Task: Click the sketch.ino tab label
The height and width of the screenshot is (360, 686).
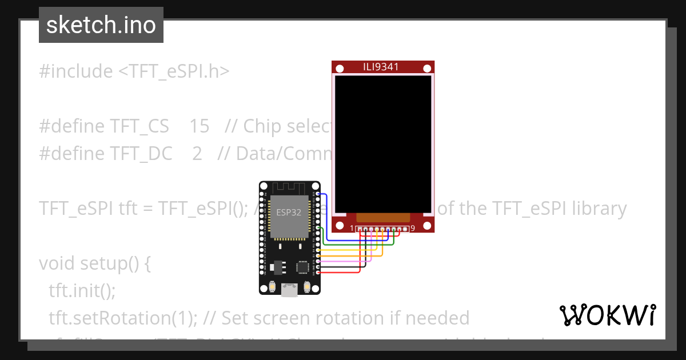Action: click(x=101, y=25)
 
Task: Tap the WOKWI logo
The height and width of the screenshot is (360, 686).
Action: click(x=607, y=315)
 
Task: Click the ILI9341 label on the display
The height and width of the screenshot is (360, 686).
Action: click(x=381, y=67)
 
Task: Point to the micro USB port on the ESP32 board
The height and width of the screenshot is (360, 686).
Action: click(x=289, y=291)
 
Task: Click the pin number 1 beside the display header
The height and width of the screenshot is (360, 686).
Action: click(x=353, y=229)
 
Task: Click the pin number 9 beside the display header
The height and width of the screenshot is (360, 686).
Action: click(x=413, y=229)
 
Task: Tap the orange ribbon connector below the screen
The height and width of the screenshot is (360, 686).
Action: click(x=383, y=217)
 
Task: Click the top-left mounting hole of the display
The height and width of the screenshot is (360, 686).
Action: click(x=340, y=69)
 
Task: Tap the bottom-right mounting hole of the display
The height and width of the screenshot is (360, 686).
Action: click(x=426, y=225)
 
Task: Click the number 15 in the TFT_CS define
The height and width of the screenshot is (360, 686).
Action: click(x=199, y=126)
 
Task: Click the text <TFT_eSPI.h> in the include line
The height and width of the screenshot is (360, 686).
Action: click(x=174, y=71)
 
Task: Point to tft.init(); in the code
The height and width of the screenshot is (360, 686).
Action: click(x=82, y=291)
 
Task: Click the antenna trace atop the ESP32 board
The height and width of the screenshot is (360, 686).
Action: click(x=289, y=187)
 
